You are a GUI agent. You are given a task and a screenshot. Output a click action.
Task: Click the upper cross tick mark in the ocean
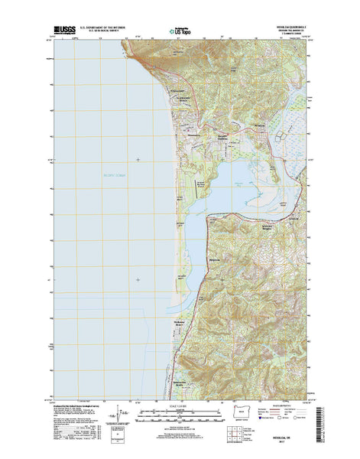coord(138,160)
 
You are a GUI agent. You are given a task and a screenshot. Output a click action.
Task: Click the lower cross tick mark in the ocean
coord(138,279)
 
